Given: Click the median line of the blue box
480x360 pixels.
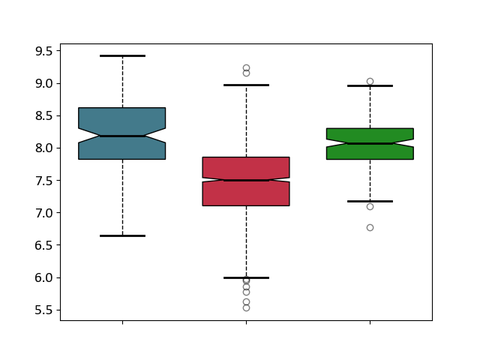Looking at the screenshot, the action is point(122,136).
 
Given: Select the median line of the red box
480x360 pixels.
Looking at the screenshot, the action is point(246,180).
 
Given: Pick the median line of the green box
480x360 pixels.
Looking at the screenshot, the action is point(370,143).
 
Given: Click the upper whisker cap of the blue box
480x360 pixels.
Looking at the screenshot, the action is point(122,55).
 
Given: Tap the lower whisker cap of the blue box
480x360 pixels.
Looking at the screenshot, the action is point(122,235).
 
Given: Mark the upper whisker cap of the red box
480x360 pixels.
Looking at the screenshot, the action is point(246,85).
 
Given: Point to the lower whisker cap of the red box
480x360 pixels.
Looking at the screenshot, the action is point(246,277).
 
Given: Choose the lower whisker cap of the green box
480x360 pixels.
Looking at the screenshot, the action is point(370,201).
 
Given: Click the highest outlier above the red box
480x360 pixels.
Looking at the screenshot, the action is point(246,67).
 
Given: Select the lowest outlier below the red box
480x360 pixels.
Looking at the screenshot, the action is point(246,307).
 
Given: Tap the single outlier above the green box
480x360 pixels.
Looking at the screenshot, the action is point(370,81).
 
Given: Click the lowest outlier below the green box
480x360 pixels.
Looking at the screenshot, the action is point(370,227).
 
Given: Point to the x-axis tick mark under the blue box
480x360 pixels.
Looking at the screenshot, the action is point(122,322).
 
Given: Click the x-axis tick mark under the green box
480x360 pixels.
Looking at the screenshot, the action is point(370,322).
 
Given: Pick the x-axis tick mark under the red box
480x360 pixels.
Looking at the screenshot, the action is point(246,322).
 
